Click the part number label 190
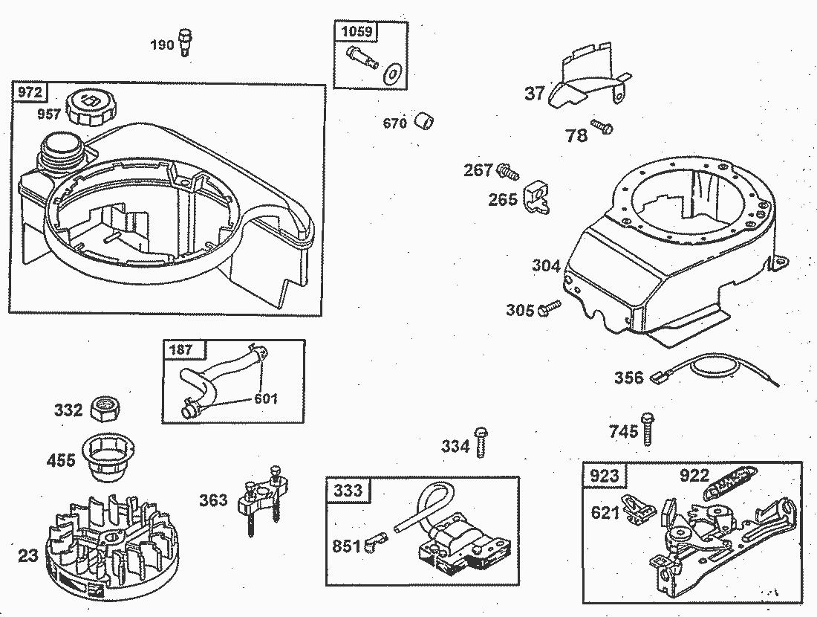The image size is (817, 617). click(x=162, y=45)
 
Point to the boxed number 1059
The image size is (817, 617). click(x=357, y=31)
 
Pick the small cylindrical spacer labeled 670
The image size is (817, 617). click(x=423, y=120)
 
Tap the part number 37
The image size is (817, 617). click(x=535, y=94)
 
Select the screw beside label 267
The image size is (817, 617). click(x=509, y=171)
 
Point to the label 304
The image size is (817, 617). click(x=546, y=265)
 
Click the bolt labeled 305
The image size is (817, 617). click(x=549, y=307)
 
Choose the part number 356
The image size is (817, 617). click(x=628, y=378)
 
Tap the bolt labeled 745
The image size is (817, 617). click(x=648, y=430)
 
